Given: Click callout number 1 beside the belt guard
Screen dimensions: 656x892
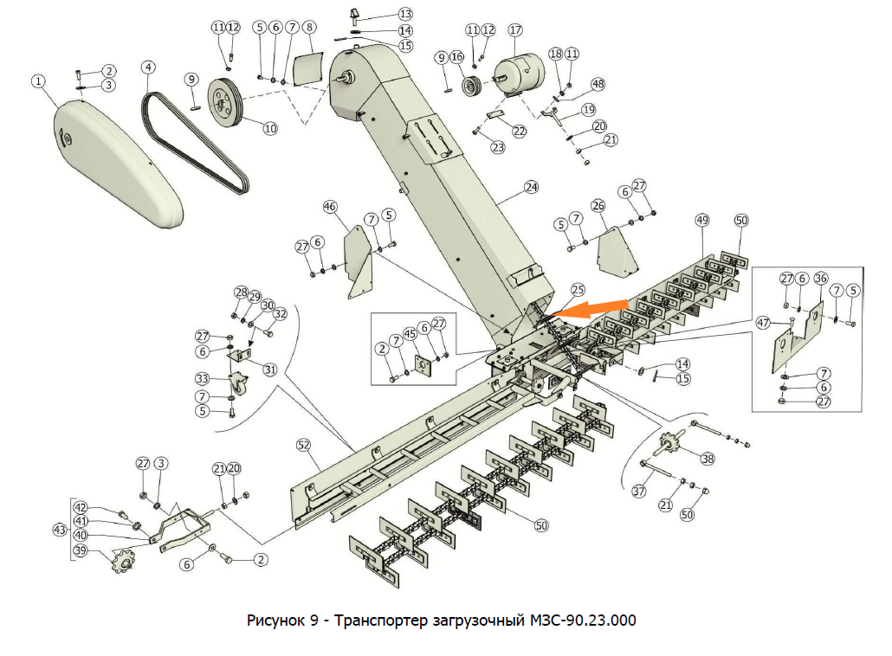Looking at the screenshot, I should coord(37,80).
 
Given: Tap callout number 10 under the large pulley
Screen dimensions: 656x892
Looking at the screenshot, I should coord(270,128).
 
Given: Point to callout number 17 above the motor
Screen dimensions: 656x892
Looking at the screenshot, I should coord(516,30).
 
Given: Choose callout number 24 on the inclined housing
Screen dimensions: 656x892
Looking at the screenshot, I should coord(531,186).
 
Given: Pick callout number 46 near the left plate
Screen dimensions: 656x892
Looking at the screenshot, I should coord(330,207).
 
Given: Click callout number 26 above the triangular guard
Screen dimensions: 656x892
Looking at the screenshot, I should coord(598,205).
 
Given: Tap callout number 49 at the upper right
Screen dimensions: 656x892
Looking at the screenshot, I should coord(701,221).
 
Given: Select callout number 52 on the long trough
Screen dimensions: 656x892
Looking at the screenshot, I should coord(303,445).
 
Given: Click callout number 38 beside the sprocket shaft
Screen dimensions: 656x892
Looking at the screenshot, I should coord(708,460).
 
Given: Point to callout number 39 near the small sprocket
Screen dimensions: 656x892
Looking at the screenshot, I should coord(81,551).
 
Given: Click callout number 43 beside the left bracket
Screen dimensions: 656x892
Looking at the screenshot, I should coord(60,528).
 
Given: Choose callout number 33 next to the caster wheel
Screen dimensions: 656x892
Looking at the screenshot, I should coord(202,379).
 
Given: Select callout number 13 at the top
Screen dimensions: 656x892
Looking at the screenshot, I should coord(406,14).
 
